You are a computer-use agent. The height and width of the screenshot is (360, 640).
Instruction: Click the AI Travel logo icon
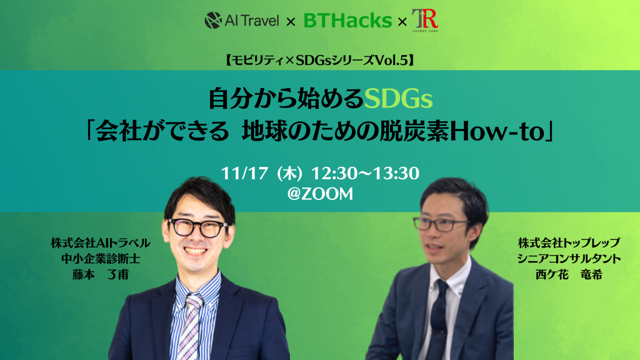coord(212,20)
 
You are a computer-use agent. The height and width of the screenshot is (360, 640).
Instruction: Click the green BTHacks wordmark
coord(347,21)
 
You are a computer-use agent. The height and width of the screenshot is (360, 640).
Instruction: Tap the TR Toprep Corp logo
coord(425,21)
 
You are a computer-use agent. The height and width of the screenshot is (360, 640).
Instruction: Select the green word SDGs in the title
coord(398,99)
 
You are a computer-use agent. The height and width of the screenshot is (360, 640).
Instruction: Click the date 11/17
coord(244,173)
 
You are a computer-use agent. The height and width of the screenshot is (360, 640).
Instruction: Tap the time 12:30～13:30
coord(365,173)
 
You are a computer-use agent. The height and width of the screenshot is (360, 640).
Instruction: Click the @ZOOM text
coord(320,194)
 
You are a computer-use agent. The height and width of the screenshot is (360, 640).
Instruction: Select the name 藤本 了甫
coord(101,274)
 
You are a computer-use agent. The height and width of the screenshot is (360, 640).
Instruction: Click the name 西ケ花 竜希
coord(569,274)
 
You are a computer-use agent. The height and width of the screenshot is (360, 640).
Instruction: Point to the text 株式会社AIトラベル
coord(101,243)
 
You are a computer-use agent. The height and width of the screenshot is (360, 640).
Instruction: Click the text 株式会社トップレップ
coord(569,243)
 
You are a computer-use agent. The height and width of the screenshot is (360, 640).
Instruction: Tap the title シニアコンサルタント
coord(569,258)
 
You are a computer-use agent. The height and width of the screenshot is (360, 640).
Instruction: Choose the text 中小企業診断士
coord(101,258)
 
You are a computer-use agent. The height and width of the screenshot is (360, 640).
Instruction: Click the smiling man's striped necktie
coord(191,326)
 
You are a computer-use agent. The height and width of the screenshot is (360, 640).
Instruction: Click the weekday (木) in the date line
coord(289,174)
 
